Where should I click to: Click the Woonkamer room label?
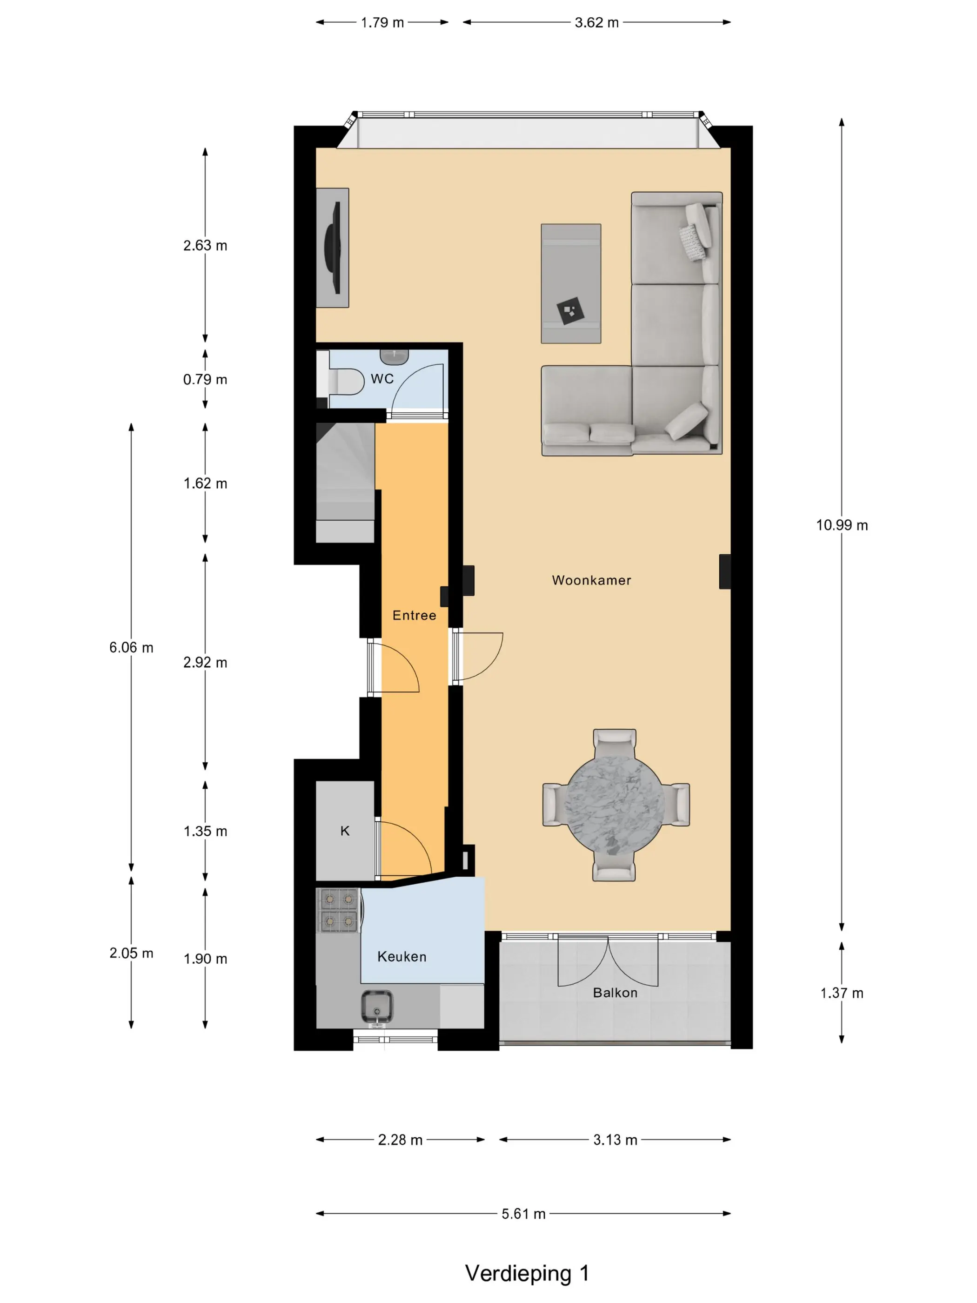coord(591,580)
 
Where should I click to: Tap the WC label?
coord(382,379)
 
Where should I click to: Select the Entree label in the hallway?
coord(414,615)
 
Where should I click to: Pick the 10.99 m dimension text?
coord(842,525)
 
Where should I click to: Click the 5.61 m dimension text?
coord(523,1214)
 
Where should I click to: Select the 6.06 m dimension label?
coord(131,647)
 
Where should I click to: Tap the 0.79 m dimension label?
coord(205,379)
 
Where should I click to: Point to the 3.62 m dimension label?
coord(596,22)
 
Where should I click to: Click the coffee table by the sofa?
coord(571,283)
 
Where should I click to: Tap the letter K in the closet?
coord(345,831)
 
